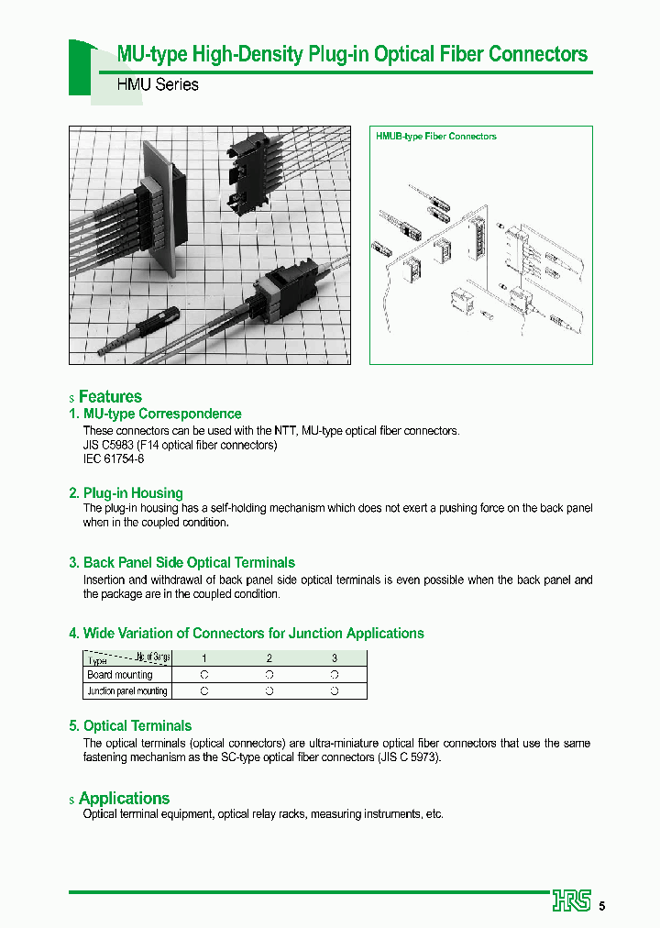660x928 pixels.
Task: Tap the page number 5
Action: (602, 907)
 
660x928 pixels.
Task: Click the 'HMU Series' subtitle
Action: (158, 84)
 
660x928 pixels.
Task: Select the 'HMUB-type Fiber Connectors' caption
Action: (436, 137)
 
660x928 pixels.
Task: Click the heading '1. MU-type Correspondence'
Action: (155, 414)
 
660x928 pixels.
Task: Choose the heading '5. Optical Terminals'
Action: (130, 726)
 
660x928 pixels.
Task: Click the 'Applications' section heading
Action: (124, 799)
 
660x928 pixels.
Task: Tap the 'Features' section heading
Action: (110, 397)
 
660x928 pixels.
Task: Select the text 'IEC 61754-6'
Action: (114, 458)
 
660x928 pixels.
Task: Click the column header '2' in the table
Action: (269, 658)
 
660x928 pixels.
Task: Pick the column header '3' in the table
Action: (335, 658)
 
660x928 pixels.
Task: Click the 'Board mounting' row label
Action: (120, 675)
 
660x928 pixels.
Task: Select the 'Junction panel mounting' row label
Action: (126, 691)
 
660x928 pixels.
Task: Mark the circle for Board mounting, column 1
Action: (204, 675)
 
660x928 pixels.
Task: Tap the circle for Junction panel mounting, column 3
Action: (335, 691)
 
